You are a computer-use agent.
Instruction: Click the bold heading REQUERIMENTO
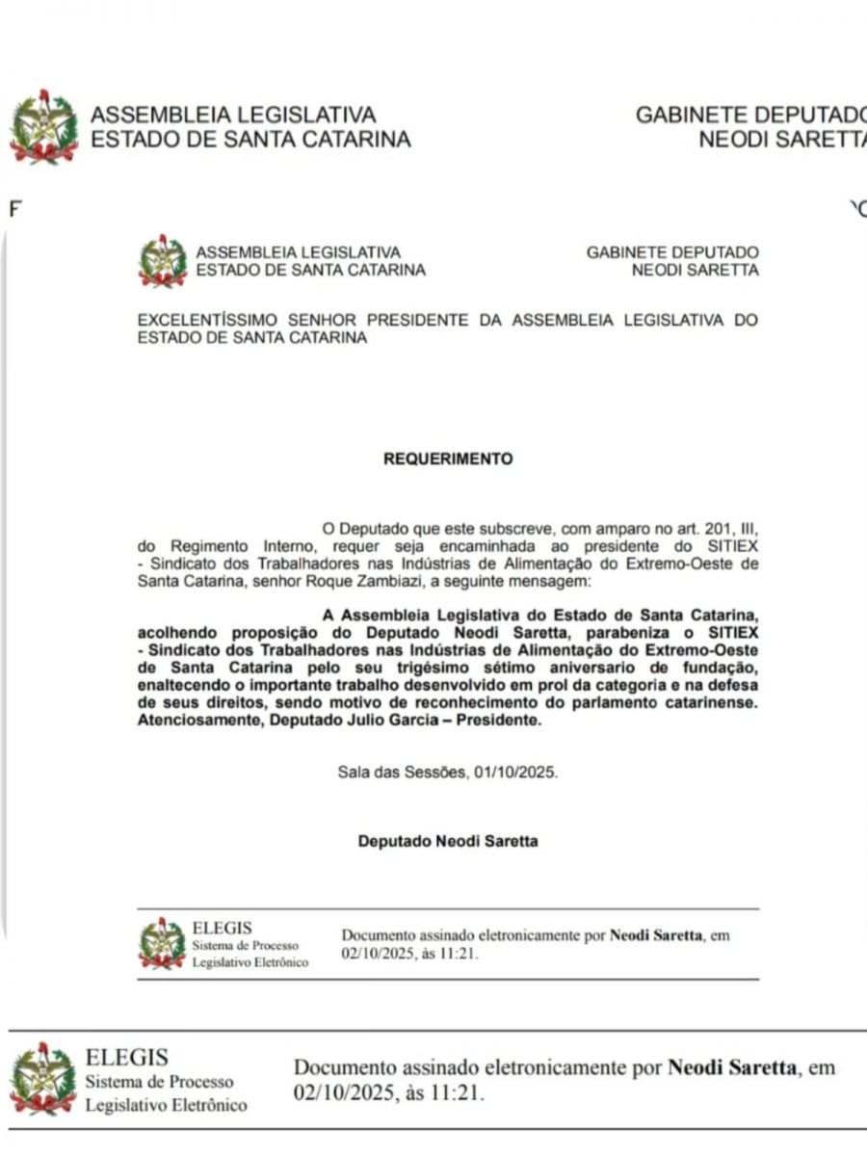pos(448,460)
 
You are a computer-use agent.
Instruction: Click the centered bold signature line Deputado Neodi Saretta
pos(448,841)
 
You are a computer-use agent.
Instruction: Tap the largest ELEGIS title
pos(127,1058)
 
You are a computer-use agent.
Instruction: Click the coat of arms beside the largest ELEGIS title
pos(43,1080)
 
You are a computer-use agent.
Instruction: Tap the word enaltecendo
pos(183,685)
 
